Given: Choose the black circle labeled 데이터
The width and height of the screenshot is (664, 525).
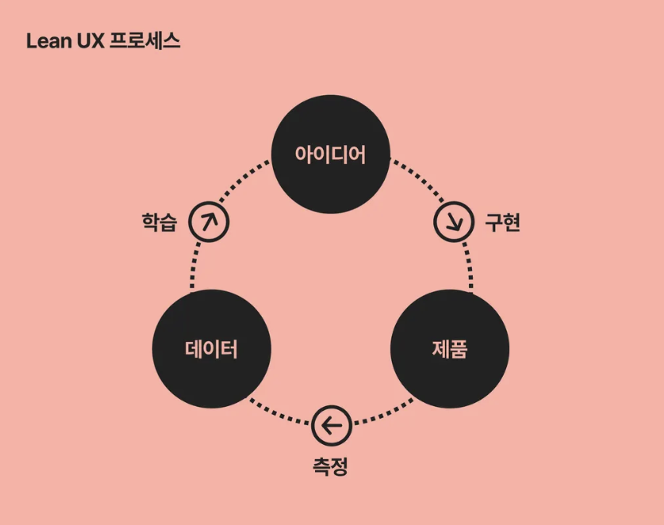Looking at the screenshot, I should pos(211,349).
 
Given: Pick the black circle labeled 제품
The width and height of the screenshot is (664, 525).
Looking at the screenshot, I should pos(450,349).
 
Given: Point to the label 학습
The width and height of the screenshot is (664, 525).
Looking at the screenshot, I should pos(159,222).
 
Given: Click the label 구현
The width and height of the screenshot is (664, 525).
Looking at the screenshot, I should pos(502,222).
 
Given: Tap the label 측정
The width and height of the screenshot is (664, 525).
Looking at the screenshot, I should pos(331,466).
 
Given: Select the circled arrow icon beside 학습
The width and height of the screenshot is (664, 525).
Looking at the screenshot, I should pos(209,221).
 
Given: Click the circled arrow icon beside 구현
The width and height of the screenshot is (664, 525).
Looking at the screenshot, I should pos(454,221).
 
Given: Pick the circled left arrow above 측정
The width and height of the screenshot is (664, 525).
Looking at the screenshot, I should pos(331,426).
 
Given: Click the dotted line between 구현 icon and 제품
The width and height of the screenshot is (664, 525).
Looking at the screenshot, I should pos(469,266).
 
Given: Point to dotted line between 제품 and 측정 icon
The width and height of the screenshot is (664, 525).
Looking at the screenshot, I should pos(383,415).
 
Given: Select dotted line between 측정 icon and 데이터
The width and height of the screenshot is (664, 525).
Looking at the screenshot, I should pos(279,414).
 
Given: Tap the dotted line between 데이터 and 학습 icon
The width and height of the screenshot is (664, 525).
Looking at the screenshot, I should pos(193,266).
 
